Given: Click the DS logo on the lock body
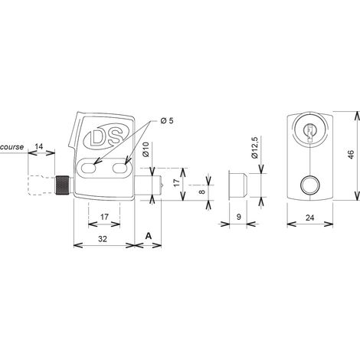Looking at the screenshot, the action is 106,136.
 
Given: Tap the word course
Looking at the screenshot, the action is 12,147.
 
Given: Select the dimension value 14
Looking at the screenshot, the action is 39,146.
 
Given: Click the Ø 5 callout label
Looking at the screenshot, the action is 167,120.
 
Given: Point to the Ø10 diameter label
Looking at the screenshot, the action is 146,149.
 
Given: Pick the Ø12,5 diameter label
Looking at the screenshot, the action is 255,147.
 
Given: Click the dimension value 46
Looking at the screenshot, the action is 351,154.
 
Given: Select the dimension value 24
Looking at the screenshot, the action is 309,218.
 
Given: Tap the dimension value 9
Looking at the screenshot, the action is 239,217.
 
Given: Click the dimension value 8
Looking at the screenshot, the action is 202,191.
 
